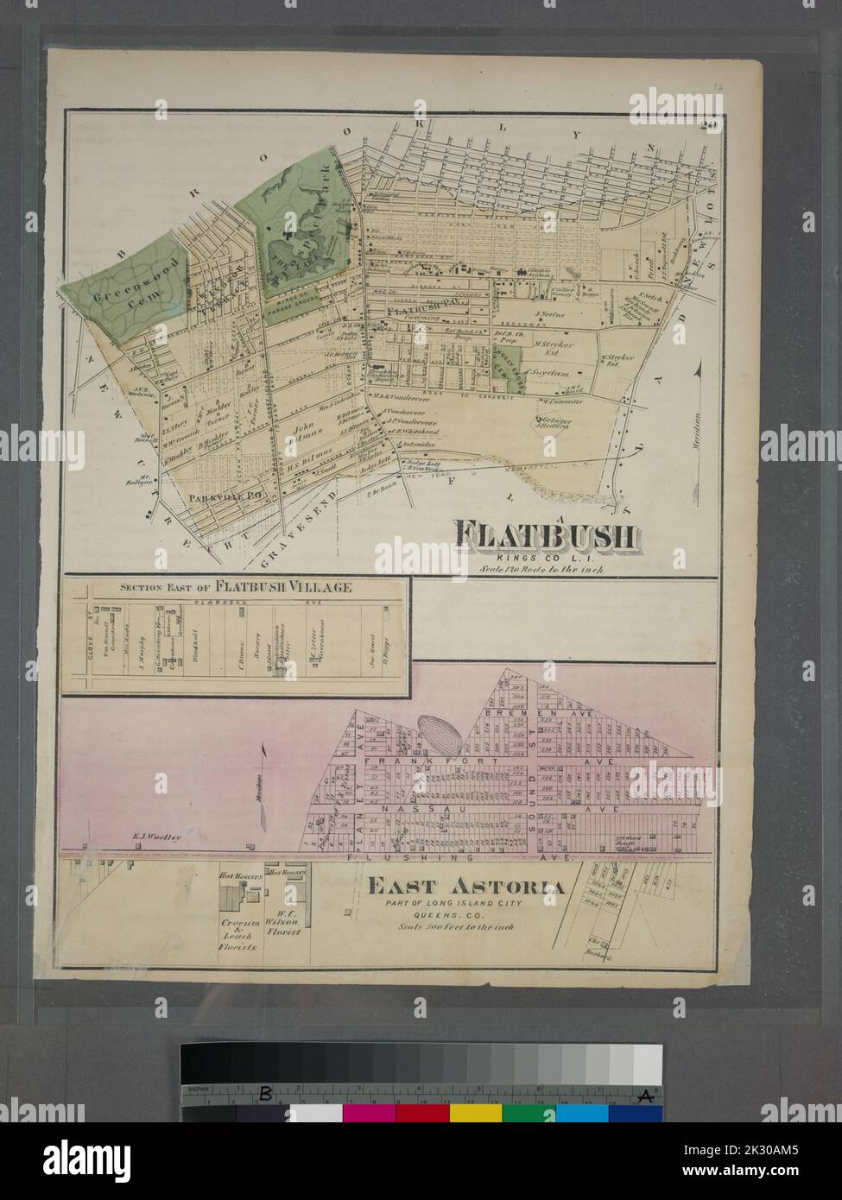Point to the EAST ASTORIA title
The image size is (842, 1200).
(467, 887)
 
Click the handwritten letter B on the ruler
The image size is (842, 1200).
(267, 1095)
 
